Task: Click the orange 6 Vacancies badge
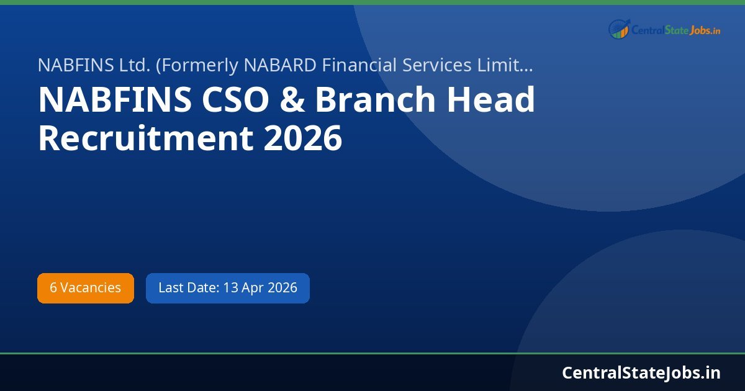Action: point(86,288)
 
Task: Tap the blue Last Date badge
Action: point(227,288)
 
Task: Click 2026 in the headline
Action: point(303,138)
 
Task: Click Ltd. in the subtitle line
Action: point(119,65)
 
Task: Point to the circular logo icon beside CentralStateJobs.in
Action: point(618,29)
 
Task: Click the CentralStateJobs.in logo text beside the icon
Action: point(675,29)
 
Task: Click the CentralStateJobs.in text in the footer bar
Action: point(641,372)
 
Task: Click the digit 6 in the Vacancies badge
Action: point(53,288)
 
